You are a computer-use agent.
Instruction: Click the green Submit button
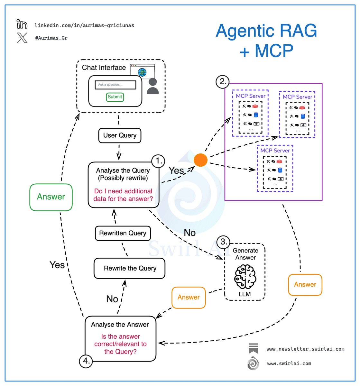115,97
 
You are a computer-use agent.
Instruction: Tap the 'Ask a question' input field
115,85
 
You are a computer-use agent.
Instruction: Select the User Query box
120,135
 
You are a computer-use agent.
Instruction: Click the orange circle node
200,160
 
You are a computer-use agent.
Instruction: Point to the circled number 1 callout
158,161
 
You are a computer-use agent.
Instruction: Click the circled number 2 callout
222,81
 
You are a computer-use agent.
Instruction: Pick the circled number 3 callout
223,242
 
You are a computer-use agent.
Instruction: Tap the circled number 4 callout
86,361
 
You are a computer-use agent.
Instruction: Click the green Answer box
51,197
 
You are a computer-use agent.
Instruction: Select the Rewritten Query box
123,233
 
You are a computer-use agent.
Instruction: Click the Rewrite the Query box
130,268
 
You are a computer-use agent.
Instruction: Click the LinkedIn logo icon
22,24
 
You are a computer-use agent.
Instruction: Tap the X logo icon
22,38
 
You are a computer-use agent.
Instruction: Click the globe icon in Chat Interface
142,72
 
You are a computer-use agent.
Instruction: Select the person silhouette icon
153,86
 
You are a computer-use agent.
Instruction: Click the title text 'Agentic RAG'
266,31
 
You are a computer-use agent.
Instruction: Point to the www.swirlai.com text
289,363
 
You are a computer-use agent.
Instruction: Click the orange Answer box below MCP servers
305,285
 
